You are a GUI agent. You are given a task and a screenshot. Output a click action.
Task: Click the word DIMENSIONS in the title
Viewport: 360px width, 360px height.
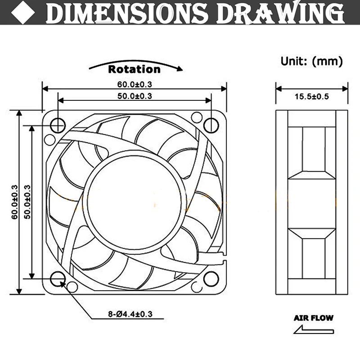pos(127,13)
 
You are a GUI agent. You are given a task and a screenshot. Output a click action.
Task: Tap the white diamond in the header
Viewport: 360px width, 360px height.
pos(23,13)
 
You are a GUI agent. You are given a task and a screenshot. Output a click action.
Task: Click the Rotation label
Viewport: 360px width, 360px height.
pos(134,69)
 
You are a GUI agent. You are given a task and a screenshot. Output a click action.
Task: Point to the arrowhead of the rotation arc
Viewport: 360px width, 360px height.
pos(180,69)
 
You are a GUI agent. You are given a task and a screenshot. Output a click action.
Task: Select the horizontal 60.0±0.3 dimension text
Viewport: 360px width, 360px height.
pos(135,85)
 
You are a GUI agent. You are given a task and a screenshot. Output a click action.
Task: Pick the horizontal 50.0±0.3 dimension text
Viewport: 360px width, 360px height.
pos(135,96)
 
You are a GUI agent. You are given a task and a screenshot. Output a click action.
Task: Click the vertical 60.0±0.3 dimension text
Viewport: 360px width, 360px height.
pos(14,202)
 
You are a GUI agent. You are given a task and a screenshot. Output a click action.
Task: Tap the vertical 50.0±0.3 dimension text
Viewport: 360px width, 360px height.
pos(27,202)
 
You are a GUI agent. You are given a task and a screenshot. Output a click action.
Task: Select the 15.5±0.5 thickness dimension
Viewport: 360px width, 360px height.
pos(311,96)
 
